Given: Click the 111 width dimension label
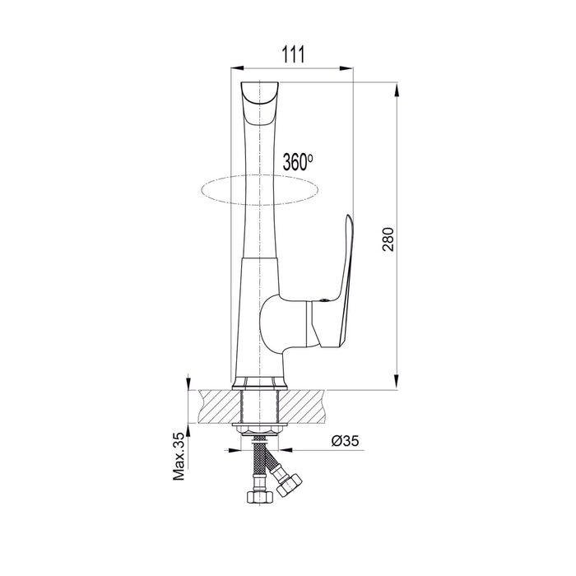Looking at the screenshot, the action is (293, 55).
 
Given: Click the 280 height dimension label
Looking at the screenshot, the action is (388, 239).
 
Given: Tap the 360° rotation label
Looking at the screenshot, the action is (298, 161).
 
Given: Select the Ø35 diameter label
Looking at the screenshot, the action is (345, 440).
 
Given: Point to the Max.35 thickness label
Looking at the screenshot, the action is (179, 456).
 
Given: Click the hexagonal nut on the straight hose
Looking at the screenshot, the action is (260, 497).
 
